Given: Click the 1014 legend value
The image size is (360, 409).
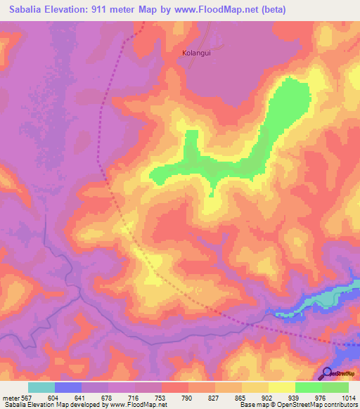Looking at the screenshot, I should tap(349, 397).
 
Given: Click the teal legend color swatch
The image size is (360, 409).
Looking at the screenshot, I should tap(41, 387).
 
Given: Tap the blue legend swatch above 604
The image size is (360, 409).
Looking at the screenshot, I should tap(68, 387).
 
